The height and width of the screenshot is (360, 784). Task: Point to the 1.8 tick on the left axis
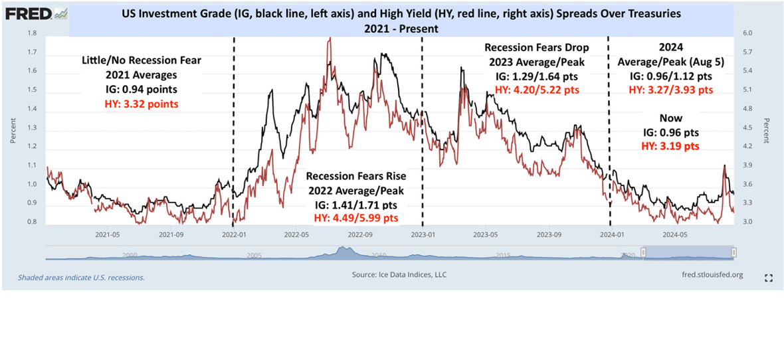pos(32,33)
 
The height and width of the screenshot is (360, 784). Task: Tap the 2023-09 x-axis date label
pos(549,234)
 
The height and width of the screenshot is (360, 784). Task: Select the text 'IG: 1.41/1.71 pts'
pos(355,205)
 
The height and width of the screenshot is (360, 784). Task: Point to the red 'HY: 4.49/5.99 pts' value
pos(355,218)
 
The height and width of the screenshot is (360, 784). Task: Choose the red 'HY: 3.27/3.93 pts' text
pos(671,90)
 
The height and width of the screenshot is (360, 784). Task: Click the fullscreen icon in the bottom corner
pos(769,278)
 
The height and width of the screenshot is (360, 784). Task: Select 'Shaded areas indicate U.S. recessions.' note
pos(81,277)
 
